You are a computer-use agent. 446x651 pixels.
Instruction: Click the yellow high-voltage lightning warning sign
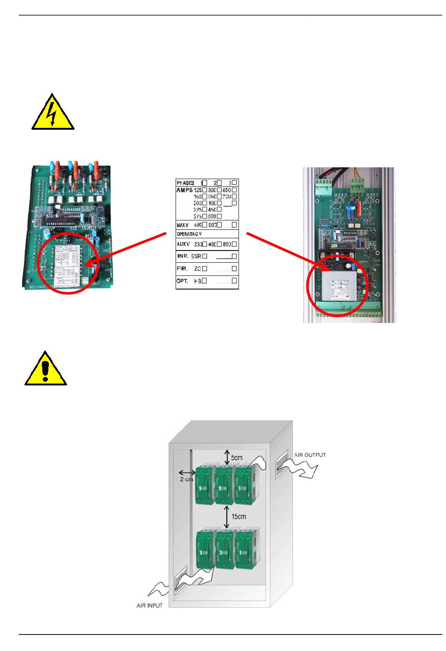(53, 113)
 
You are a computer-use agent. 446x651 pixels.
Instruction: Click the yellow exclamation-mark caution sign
(46, 370)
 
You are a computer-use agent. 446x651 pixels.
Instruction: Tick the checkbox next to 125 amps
(205, 190)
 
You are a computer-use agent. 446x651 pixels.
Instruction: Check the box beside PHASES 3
(234, 182)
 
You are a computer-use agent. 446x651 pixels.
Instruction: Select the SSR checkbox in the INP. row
(205, 256)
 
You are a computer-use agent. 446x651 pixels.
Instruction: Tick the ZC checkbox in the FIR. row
(205, 269)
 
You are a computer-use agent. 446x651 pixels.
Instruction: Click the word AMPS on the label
(185, 190)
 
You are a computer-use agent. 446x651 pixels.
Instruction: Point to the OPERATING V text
(189, 234)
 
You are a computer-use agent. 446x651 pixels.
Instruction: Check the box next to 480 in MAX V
(205, 225)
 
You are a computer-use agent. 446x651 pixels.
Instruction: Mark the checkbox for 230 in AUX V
(205, 244)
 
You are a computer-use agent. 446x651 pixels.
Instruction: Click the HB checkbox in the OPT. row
(205, 281)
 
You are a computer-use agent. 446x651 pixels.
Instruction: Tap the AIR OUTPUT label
(310, 455)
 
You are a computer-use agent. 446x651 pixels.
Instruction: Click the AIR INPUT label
(149, 605)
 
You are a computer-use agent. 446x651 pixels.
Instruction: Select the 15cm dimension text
(238, 517)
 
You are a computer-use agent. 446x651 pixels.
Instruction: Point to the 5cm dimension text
(237, 457)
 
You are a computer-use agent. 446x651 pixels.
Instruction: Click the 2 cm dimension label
(186, 479)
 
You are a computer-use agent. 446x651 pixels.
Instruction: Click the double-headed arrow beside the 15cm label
(227, 517)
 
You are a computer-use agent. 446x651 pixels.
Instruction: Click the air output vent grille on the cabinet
(282, 461)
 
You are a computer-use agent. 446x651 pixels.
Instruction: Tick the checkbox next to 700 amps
(234, 196)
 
